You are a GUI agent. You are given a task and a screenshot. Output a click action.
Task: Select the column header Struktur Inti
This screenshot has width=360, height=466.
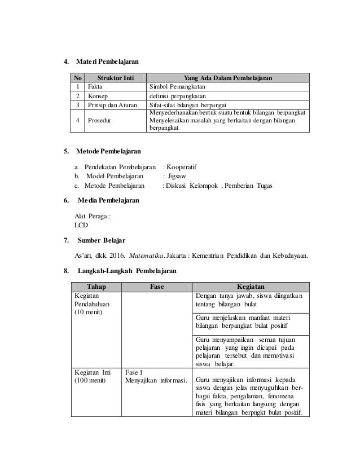[115, 78]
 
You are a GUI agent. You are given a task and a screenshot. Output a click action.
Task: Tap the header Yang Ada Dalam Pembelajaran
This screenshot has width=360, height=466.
[228, 78]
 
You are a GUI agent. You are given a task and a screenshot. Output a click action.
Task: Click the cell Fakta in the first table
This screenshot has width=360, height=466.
[94, 87]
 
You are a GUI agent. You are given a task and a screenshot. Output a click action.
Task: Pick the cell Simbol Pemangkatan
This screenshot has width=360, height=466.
[177, 87]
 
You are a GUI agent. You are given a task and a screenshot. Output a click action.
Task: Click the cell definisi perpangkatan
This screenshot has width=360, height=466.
[179, 96]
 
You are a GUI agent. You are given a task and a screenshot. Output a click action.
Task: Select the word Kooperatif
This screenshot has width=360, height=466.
[182, 166]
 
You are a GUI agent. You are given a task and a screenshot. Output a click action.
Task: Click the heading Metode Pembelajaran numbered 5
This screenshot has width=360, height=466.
[107, 151]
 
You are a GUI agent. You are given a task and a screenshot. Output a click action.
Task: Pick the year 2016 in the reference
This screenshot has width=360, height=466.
[122, 256]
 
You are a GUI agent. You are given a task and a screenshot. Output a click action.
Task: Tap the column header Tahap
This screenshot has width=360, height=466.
[96, 286]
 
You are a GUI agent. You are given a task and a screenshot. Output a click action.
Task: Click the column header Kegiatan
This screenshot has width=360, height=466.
[252, 286]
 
